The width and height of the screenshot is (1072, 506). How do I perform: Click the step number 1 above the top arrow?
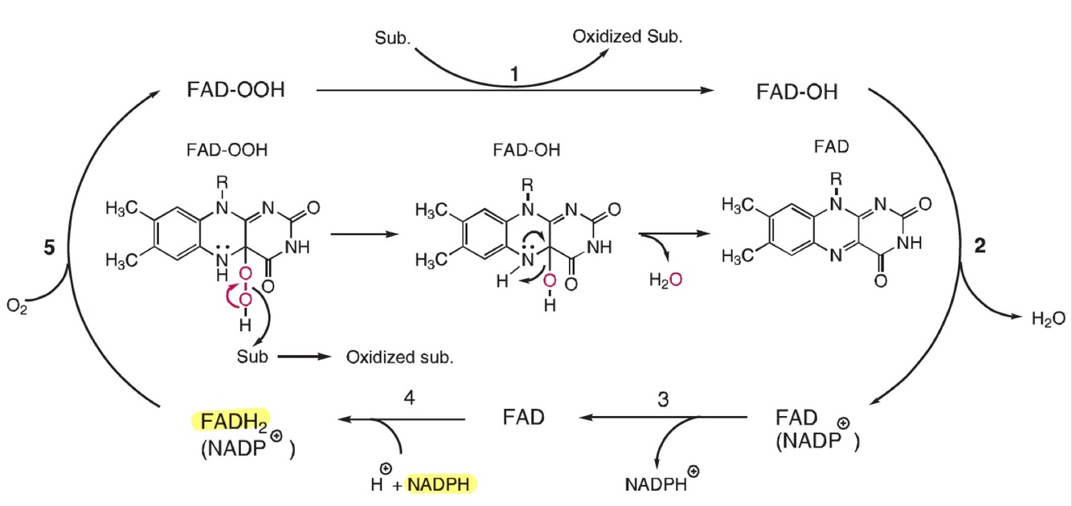pyautogui.click(x=514, y=74)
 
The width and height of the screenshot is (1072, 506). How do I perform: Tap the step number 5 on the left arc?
pyautogui.click(x=49, y=248)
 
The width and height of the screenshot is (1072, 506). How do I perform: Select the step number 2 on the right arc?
pyautogui.click(x=980, y=247)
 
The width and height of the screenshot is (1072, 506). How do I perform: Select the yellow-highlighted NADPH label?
pyautogui.click(x=441, y=484)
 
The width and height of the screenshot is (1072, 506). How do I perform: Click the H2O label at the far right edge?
pyautogui.click(x=1049, y=319)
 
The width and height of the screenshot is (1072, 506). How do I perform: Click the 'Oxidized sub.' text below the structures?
pyautogui.click(x=399, y=357)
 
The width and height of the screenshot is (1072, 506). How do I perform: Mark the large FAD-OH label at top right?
pyautogui.click(x=796, y=92)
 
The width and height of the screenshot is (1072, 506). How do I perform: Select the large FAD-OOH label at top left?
pyautogui.click(x=235, y=89)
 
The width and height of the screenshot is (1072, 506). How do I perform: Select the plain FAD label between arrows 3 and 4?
pyautogui.click(x=523, y=418)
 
